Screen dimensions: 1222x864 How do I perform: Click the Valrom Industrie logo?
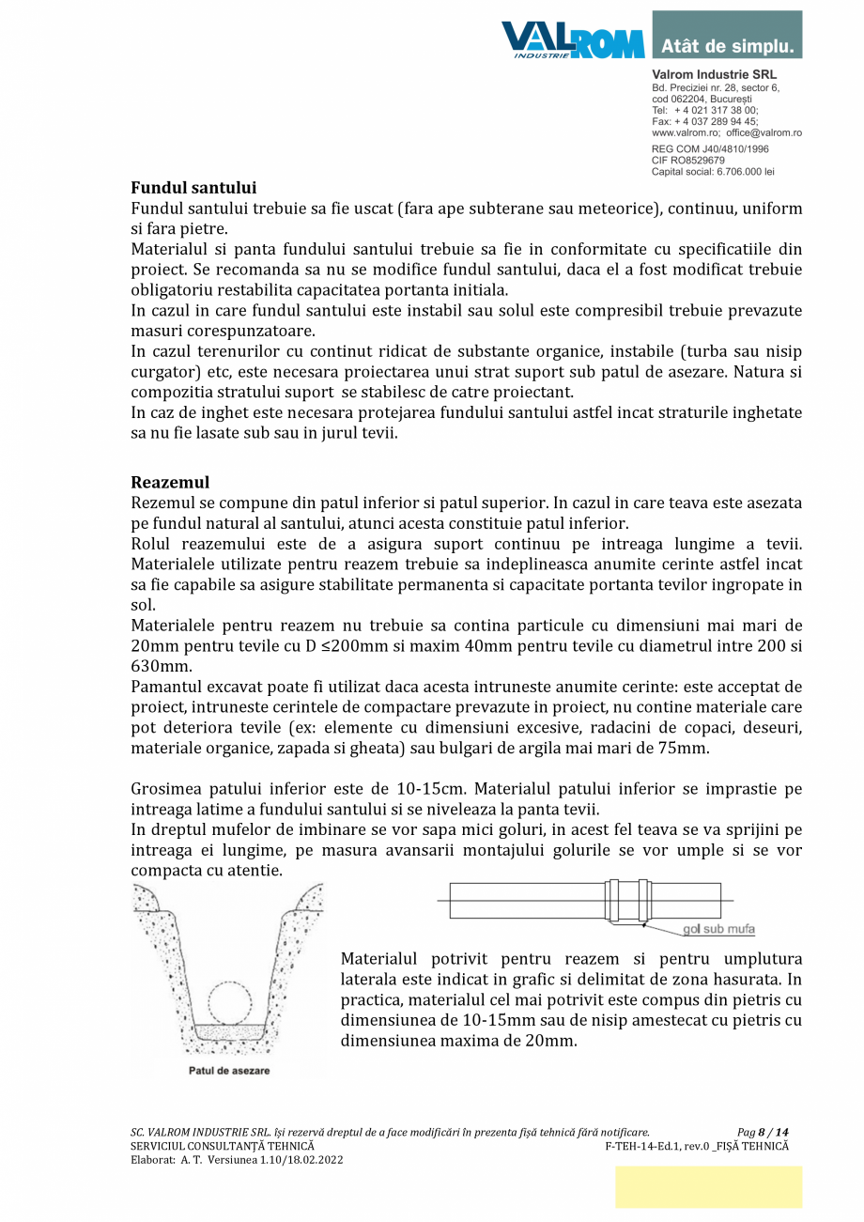click(x=572, y=40)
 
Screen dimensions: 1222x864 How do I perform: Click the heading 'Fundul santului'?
click(x=193, y=188)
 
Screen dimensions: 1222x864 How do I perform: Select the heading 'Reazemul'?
click(x=170, y=482)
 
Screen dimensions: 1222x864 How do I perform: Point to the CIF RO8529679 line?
click(x=688, y=161)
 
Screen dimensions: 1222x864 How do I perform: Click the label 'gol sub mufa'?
click(x=718, y=930)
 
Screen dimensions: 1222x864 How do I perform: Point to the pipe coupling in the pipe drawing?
click(x=625, y=901)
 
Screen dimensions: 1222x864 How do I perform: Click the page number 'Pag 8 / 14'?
click(x=763, y=1133)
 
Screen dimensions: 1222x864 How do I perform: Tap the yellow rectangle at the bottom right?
click(x=708, y=1186)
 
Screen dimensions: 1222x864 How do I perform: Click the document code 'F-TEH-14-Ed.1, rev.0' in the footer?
click(x=656, y=1146)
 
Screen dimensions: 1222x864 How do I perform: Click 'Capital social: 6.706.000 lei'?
click(x=713, y=172)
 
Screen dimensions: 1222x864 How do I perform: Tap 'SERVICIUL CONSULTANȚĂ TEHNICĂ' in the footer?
click(x=223, y=1146)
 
